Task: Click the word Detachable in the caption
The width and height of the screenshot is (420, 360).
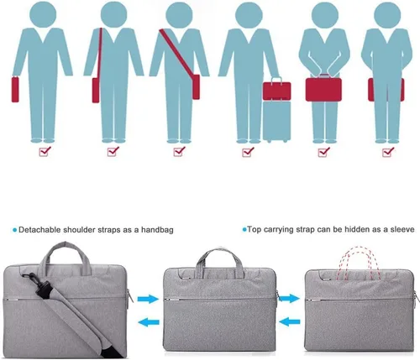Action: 39,230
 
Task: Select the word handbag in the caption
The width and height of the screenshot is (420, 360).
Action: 157,230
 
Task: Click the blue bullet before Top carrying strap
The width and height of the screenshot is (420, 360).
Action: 244,230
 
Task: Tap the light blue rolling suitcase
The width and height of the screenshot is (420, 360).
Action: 276,121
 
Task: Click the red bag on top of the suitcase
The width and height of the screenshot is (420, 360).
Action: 276,89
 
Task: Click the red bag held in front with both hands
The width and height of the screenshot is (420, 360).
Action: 323,89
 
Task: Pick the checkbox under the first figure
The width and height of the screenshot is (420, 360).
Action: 45,151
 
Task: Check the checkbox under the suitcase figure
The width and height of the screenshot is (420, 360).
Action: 248,151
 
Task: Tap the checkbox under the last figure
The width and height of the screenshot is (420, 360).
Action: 388,151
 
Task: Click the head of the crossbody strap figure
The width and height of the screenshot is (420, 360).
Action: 179,14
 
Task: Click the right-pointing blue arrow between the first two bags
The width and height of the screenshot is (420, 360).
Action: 148,299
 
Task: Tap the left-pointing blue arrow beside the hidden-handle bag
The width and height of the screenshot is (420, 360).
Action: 289,321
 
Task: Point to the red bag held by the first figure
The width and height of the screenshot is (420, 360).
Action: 15,89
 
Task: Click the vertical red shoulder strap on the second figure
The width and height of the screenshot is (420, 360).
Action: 99,53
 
